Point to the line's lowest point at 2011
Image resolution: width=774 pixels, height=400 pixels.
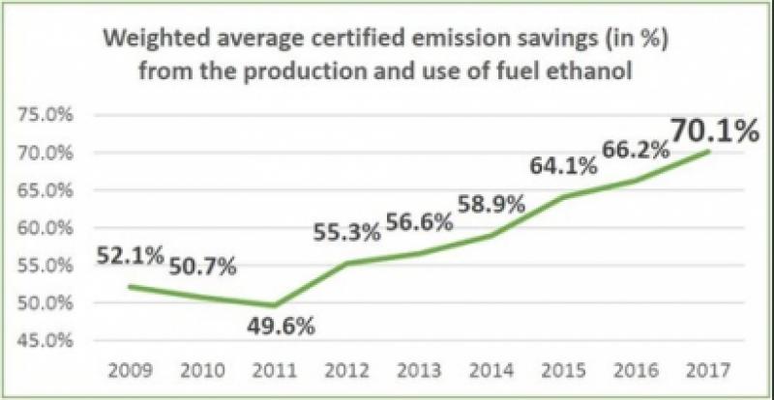click(x=273, y=306)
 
